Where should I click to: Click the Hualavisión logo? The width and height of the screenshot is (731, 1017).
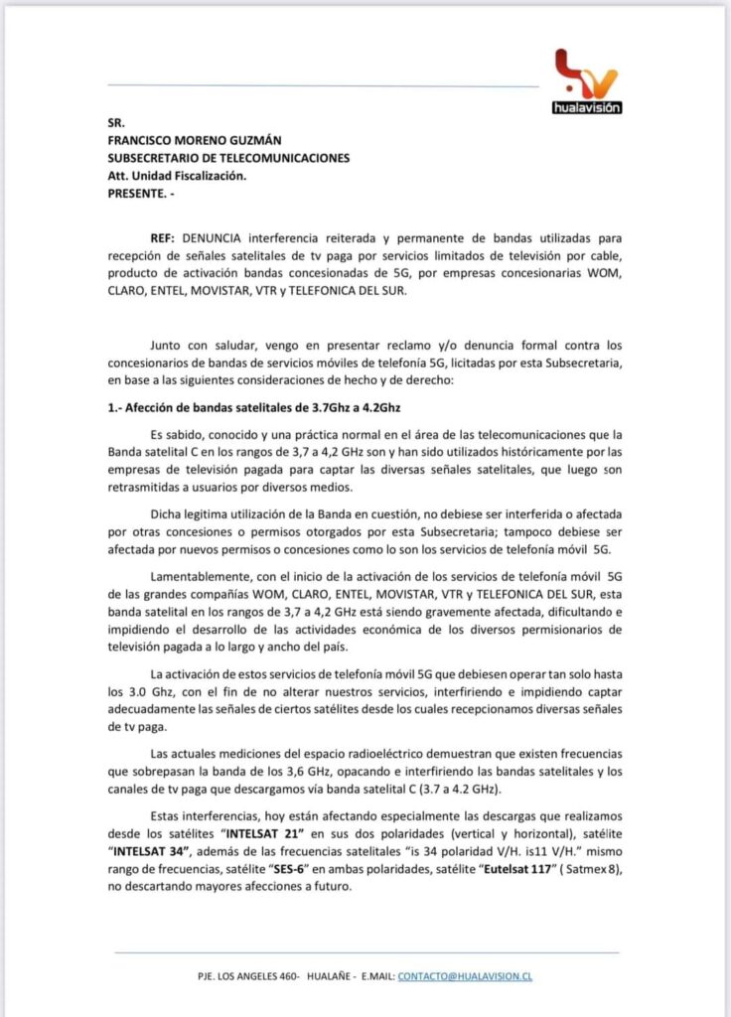coord(586,80)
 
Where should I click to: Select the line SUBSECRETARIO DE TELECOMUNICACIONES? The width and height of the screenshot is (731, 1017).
coord(228,158)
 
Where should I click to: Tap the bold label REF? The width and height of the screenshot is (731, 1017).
coord(164,241)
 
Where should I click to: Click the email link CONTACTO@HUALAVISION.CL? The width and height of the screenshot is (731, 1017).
coord(465,976)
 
